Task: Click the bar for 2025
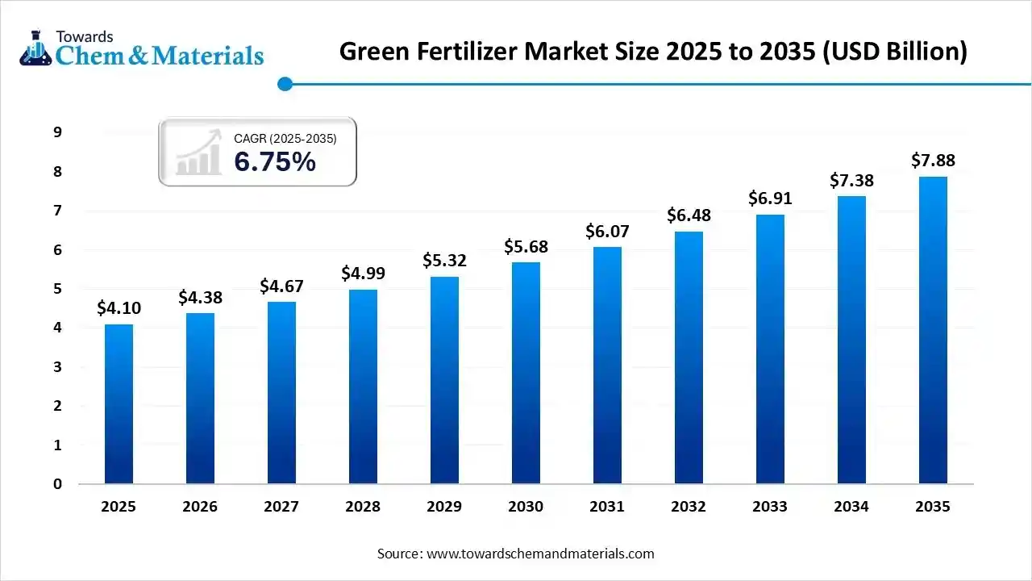pyautogui.click(x=119, y=403)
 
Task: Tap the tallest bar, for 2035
pyautogui.click(x=933, y=330)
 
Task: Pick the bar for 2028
pyautogui.click(x=363, y=387)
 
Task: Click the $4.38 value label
pyautogui.click(x=200, y=298)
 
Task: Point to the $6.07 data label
pyautogui.click(x=607, y=232)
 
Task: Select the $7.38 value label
pyautogui.click(x=851, y=181)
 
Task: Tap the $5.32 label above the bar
pyautogui.click(x=444, y=261)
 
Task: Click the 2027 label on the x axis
pyautogui.click(x=281, y=507)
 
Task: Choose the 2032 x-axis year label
pyautogui.click(x=689, y=507)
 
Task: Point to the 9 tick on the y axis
pyautogui.click(x=57, y=132)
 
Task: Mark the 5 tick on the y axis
pyautogui.click(x=57, y=289)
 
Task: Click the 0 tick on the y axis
pyautogui.click(x=57, y=484)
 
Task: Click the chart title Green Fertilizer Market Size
pyautogui.click(x=653, y=52)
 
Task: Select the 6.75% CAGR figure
pyautogui.click(x=275, y=162)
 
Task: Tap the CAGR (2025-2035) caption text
pyautogui.click(x=285, y=139)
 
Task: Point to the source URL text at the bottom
pyautogui.click(x=516, y=554)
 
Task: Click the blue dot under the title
pyautogui.click(x=284, y=84)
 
